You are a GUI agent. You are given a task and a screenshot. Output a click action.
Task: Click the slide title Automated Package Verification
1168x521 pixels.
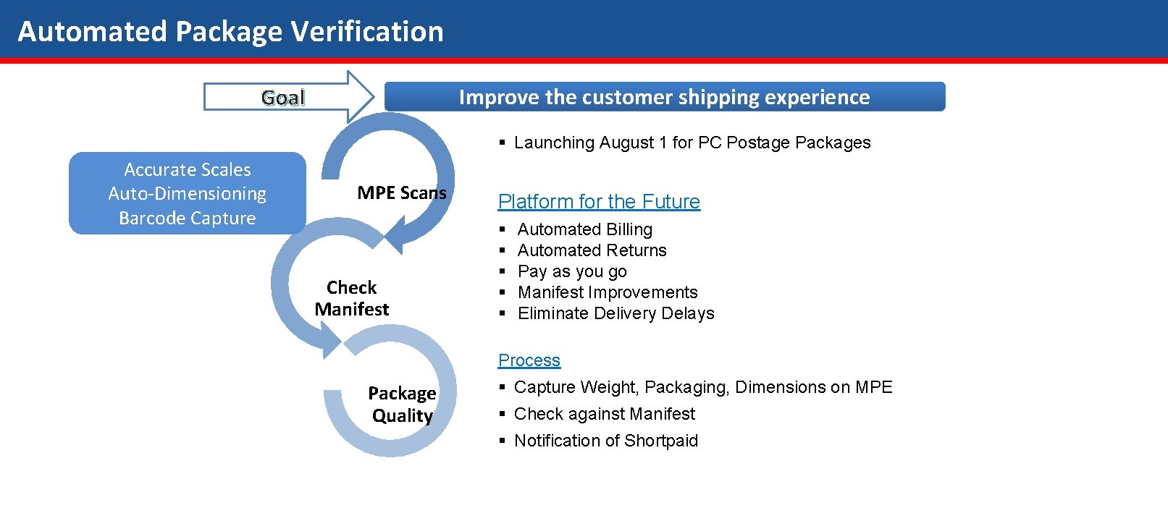coord(230,32)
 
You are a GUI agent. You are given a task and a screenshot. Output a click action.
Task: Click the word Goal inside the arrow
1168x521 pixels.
coord(283,98)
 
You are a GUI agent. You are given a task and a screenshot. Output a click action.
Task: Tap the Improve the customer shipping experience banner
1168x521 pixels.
coord(664,97)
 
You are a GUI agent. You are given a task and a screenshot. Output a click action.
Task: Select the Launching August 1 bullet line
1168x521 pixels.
coord(692,143)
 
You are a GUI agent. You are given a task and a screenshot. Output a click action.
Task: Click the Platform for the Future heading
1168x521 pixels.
coord(599,201)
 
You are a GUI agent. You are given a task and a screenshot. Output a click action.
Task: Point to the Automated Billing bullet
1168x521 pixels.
coord(584,229)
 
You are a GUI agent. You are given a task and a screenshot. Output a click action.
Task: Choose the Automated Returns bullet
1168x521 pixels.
coord(592,250)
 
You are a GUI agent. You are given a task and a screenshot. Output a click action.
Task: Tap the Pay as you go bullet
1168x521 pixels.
coord(572,271)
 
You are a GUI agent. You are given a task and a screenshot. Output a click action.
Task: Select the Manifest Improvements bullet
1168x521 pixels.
coord(608,292)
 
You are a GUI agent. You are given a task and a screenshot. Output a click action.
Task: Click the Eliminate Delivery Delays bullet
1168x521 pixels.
coord(615,313)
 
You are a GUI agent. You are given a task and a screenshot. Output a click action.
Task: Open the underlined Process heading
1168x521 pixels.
coord(529,360)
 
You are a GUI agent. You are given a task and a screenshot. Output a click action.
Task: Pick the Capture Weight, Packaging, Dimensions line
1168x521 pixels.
coord(702,387)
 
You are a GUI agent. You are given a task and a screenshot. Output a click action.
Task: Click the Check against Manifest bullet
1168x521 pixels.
coord(604,414)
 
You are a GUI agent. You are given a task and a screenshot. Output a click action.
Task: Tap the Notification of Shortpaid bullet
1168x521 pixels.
coord(605,441)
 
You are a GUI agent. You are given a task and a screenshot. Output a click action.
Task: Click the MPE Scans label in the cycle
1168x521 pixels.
coord(402,193)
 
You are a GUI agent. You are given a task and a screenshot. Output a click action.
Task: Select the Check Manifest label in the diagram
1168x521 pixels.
coord(352,298)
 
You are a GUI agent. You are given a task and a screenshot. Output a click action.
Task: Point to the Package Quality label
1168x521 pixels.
coord(402,404)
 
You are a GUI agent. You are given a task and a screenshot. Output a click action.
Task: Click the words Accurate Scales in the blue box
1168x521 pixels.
coord(188,169)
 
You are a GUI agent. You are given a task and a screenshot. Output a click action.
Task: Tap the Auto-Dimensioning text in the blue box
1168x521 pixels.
coord(188,194)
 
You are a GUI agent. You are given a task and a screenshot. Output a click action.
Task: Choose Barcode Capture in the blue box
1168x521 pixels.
coord(188,218)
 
